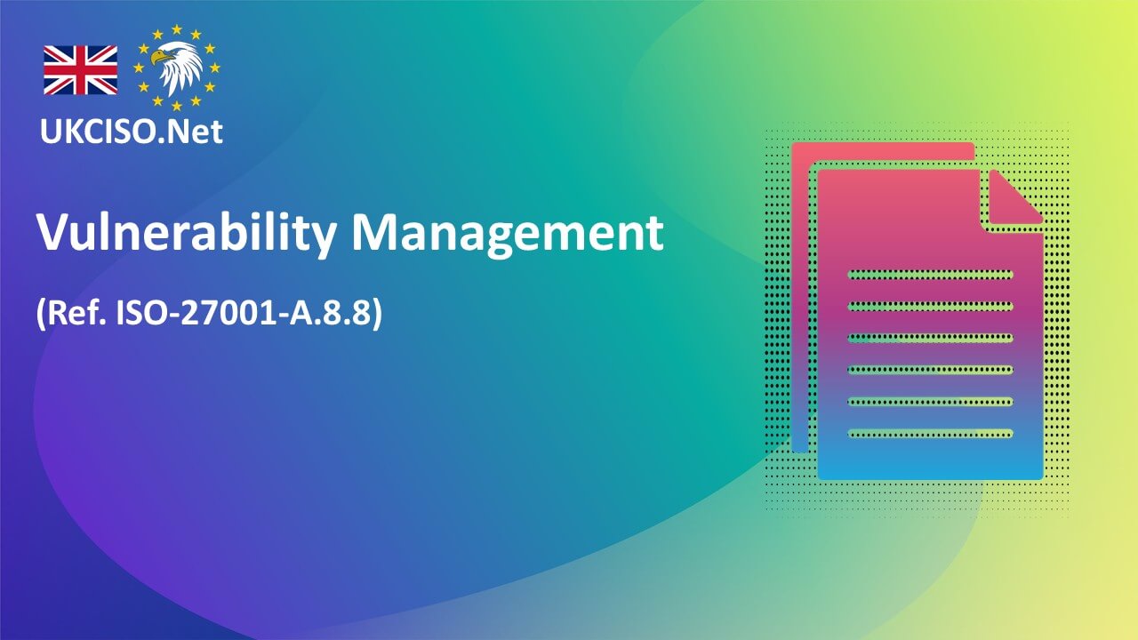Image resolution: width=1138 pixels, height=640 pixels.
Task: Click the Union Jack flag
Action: [x=80, y=69]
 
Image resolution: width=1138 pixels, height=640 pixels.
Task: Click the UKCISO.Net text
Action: [x=131, y=132]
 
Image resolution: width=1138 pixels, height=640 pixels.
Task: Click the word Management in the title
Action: [x=507, y=234]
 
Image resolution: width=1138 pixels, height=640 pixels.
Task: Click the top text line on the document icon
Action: [x=930, y=275]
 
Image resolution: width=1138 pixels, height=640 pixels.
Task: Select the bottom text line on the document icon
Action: [x=930, y=434]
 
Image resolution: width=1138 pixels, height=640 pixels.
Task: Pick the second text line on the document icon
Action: [x=930, y=306]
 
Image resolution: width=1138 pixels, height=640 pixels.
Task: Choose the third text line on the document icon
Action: [x=930, y=338]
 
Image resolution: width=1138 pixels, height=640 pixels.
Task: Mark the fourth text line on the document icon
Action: [x=930, y=370]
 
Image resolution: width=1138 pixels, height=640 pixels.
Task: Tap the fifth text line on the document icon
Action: [x=930, y=402]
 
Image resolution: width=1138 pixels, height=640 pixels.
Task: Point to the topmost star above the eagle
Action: [x=177, y=29]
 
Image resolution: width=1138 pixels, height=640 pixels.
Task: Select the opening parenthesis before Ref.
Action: [x=41, y=314]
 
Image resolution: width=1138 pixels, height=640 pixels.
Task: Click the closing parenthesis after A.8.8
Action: [x=376, y=314]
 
